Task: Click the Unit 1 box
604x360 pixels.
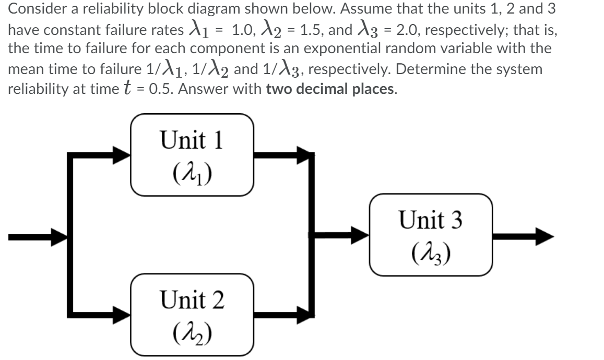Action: (x=192, y=155)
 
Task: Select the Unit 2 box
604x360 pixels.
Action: (x=192, y=315)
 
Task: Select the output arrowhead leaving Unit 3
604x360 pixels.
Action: (x=543, y=235)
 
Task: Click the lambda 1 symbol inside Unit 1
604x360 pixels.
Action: (x=192, y=170)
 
